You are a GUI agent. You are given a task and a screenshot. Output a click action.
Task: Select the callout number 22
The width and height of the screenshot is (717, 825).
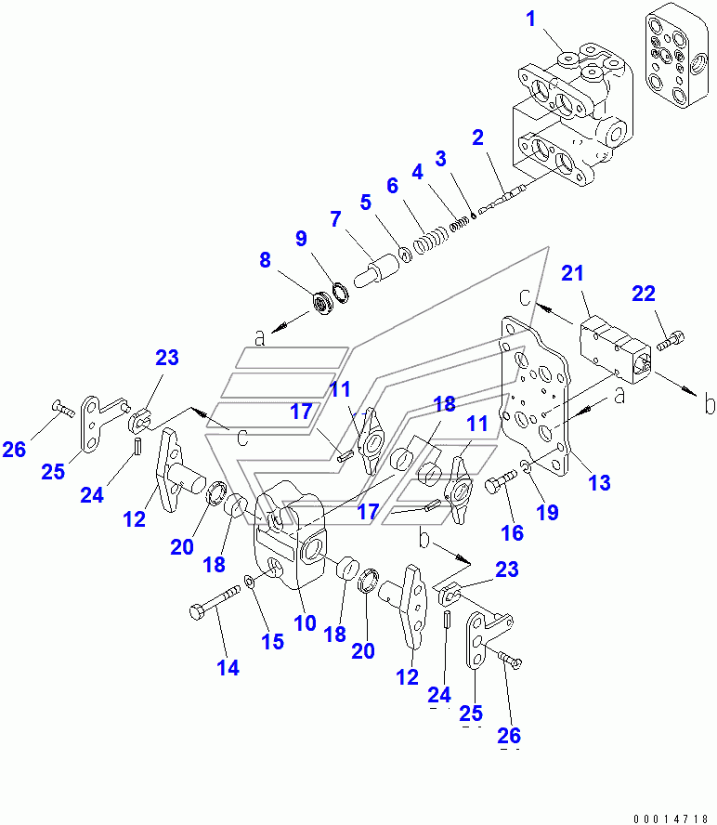coord(643,295)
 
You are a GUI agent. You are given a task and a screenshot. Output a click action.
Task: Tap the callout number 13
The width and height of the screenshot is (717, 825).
coord(599,481)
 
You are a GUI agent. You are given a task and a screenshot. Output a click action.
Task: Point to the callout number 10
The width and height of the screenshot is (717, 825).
coord(305,622)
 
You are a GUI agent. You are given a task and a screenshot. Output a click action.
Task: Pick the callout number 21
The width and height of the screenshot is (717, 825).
coord(572,272)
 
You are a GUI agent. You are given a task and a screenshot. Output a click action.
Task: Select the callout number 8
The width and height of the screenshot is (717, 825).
coord(266,261)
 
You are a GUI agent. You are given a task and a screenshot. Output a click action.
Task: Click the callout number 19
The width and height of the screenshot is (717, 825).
coord(548,511)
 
